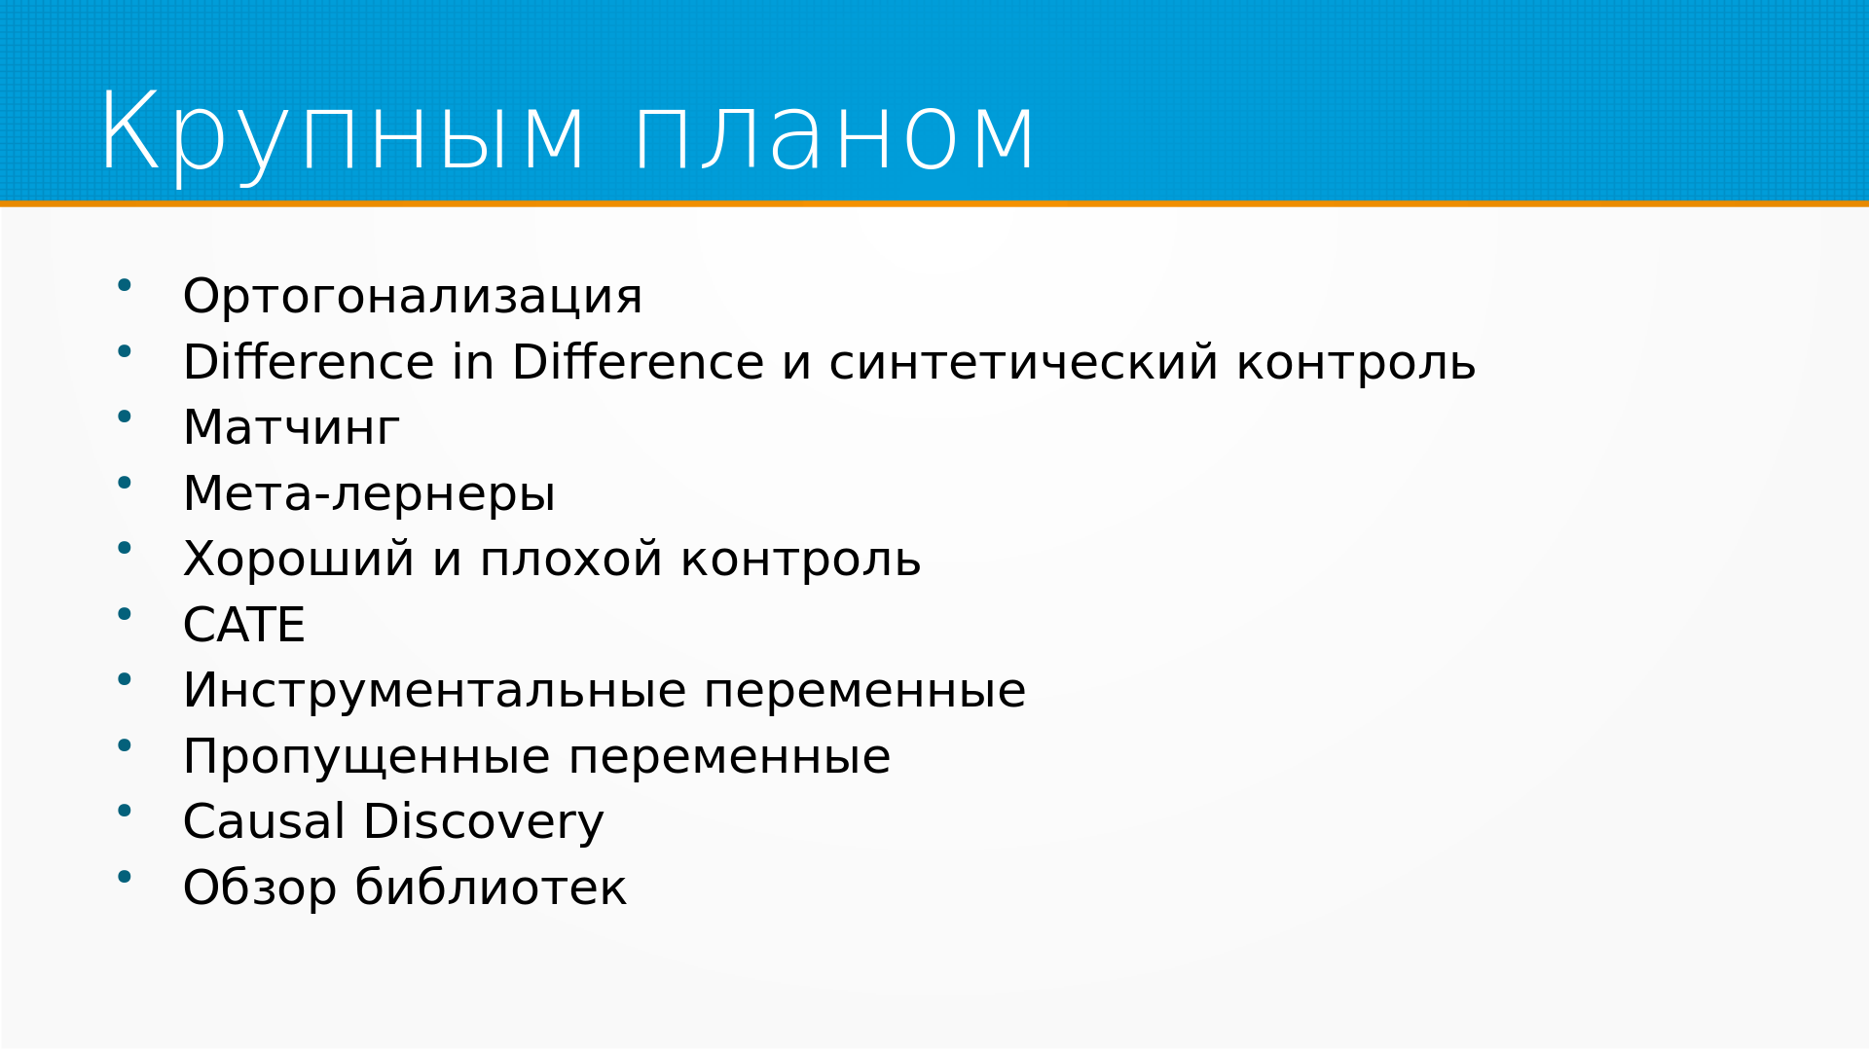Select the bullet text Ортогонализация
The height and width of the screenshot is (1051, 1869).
pos(413,296)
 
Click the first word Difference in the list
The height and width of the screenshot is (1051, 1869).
pos(309,362)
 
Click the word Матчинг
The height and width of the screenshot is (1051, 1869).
pos(291,427)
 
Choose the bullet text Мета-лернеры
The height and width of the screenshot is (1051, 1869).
pos(369,493)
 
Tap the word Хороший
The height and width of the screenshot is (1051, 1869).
pos(299,559)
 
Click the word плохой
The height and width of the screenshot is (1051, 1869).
pos(571,559)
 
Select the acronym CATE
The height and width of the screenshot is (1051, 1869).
pos(244,625)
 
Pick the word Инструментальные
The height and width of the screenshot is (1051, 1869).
pos(435,691)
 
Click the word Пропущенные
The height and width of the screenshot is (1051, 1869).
pos(367,757)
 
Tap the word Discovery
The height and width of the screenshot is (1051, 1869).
pos(484,822)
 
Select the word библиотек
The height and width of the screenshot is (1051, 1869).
pos(491,888)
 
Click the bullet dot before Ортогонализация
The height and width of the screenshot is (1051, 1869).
pos(125,285)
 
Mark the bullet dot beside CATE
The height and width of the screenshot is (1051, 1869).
pos(125,614)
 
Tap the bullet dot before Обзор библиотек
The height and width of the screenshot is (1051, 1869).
pos(125,877)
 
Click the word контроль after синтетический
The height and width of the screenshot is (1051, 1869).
pos(1356,362)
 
